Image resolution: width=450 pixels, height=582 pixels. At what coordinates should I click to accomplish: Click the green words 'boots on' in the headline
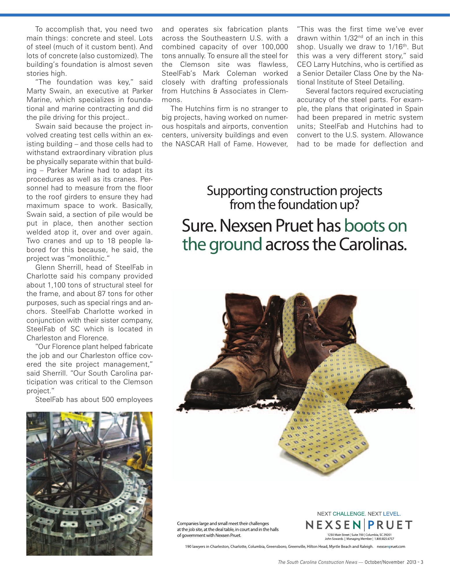(x=375, y=226)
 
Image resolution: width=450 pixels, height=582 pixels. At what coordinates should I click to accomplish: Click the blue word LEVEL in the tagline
(x=392, y=514)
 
